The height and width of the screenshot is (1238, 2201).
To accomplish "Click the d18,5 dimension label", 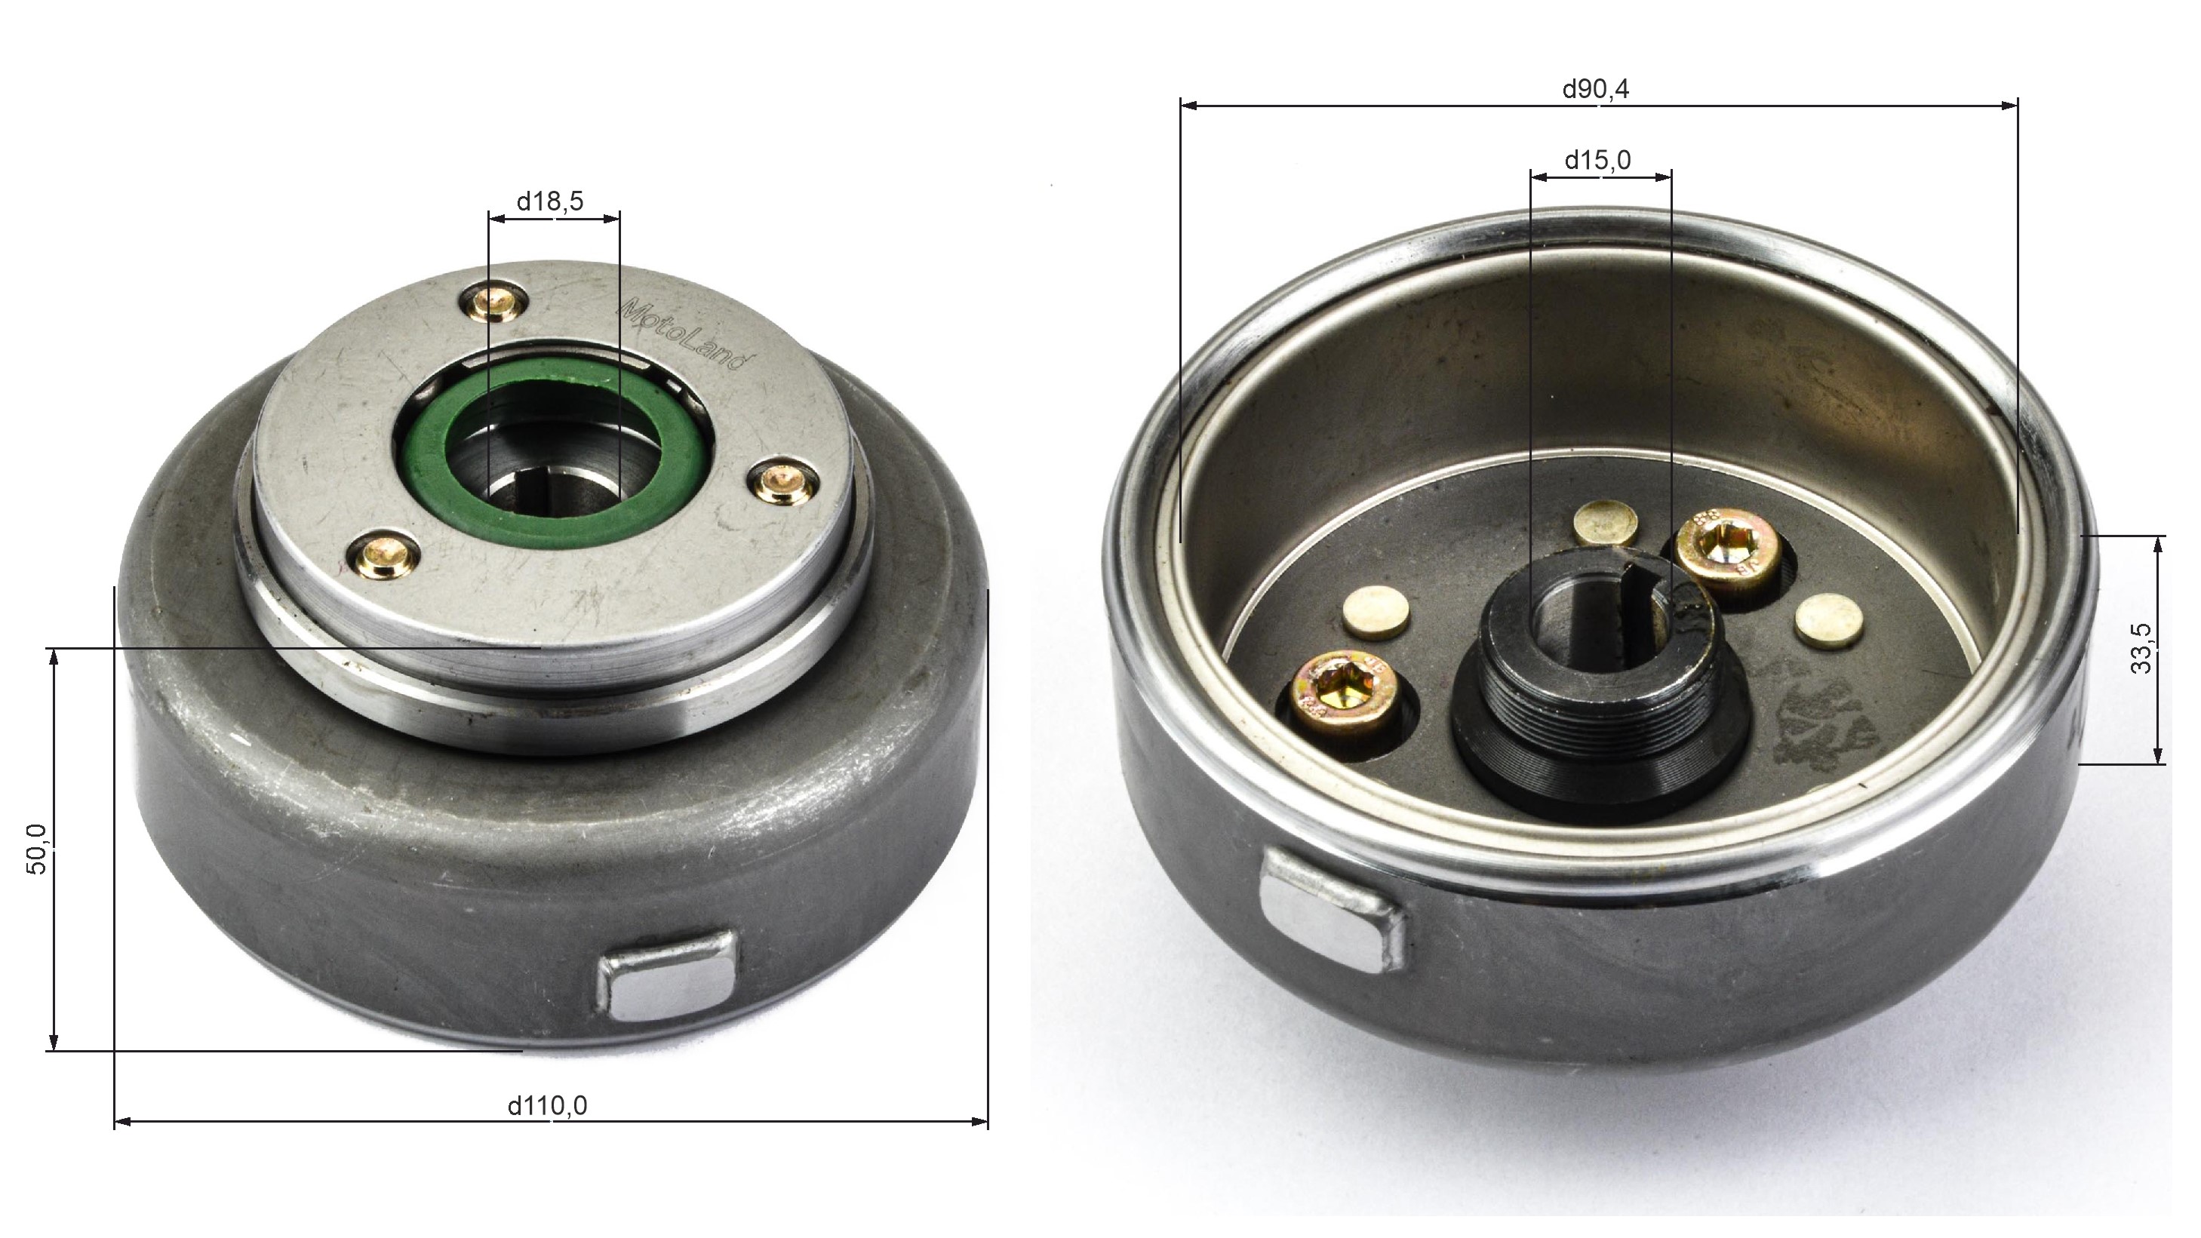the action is tap(550, 201).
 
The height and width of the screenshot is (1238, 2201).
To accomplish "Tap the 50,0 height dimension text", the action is tap(38, 849).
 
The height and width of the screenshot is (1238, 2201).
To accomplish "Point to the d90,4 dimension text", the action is tap(1595, 89).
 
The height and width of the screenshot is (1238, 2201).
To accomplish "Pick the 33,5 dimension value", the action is tap(2141, 650).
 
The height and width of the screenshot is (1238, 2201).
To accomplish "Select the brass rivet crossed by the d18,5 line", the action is tap(495, 303).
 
